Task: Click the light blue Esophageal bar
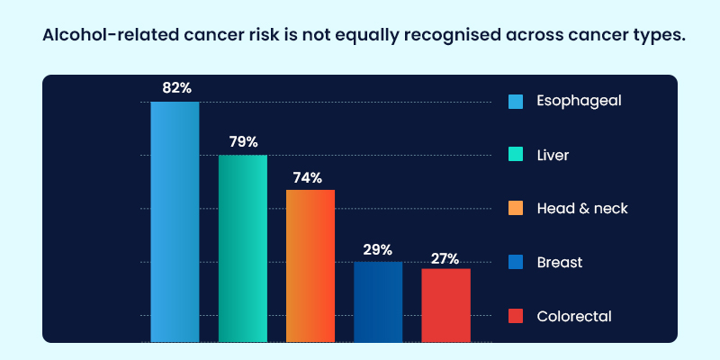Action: pos(175,221)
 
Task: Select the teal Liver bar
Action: pos(243,248)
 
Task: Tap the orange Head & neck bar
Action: pos(310,265)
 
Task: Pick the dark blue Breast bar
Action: pos(378,301)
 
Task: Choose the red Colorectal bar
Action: pos(445,305)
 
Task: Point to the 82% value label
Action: pos(176,88)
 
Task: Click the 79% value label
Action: pos(243,141)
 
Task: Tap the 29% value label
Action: pos(378,249)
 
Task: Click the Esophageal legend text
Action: pos(579,101)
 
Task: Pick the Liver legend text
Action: pos(553,155)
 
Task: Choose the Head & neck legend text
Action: pos(582,208)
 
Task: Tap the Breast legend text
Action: pos(560,262)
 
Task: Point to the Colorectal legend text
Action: pos(574,316)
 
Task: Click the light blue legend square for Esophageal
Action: pos(516,101)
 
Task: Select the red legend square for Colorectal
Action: pos(516,316)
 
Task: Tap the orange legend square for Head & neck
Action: pos(516,209)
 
